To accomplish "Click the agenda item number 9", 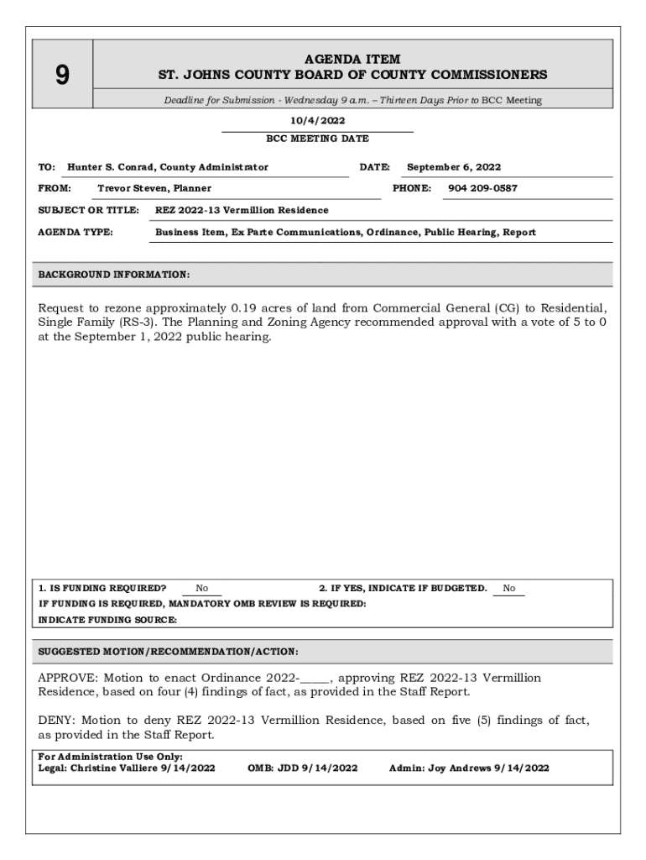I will click(x=62, y=76).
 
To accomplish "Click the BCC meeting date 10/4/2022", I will click(x=317, y=121).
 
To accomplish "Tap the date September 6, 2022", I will click(x=454, y=167).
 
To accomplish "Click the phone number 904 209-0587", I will click(x=482, y=188).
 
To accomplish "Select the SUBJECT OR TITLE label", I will click(x=88, y=210).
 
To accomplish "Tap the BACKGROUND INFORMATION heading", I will click(x=114, y=275).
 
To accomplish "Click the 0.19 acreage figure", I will click(x=247, y=307).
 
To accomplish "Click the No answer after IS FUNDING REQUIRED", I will click(x=202, y=589).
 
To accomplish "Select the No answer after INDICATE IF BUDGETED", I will click(x=509, y=589).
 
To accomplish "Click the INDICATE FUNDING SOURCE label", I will click(x=108, y=620).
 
